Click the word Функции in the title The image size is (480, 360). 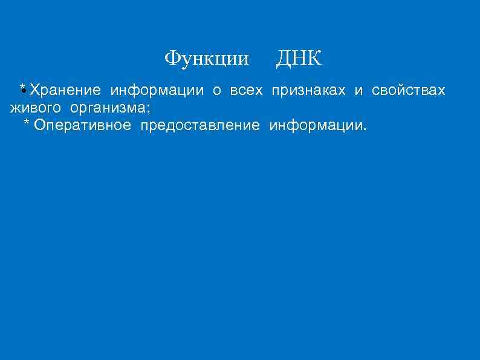click(206, 59)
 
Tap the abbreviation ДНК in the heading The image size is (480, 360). click(299, 59)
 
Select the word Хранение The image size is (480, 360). click(65, 91)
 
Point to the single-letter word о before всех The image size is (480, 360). click(216, 91)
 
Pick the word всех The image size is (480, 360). click(247, 91)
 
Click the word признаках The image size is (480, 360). click(308, 91)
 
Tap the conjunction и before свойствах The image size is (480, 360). click(358, 91)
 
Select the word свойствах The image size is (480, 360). click(409, 91)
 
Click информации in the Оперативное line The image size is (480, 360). click(315, 126)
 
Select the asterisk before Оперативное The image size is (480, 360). click(26, 123)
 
